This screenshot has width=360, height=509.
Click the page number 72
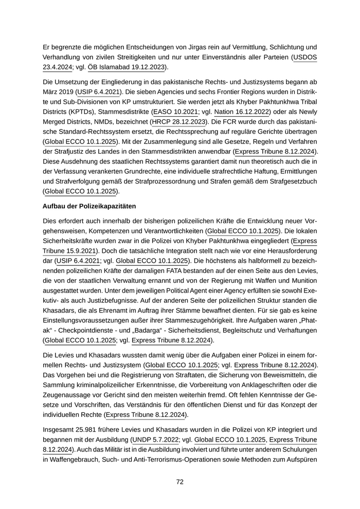(x=180, y=482)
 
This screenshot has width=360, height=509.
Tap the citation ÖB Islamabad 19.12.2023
(x=127, y=67)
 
